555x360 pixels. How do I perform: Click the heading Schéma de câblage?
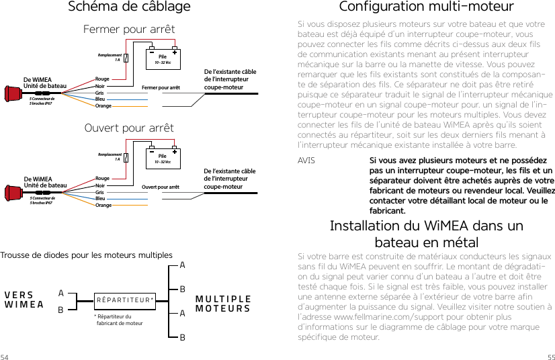130,7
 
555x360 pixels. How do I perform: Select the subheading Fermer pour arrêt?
129,30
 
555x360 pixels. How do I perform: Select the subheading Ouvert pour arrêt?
129,128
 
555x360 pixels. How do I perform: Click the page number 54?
5,355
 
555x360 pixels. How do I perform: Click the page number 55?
550,355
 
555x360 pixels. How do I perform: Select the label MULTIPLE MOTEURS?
223,304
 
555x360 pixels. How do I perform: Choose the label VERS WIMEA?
24,300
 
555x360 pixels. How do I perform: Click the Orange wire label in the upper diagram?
103,106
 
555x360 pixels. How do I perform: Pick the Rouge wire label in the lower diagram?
102,179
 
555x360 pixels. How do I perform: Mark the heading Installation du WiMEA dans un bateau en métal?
426,234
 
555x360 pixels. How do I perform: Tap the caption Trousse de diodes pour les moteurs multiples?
87,255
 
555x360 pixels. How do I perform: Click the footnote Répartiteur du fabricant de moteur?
119,320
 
